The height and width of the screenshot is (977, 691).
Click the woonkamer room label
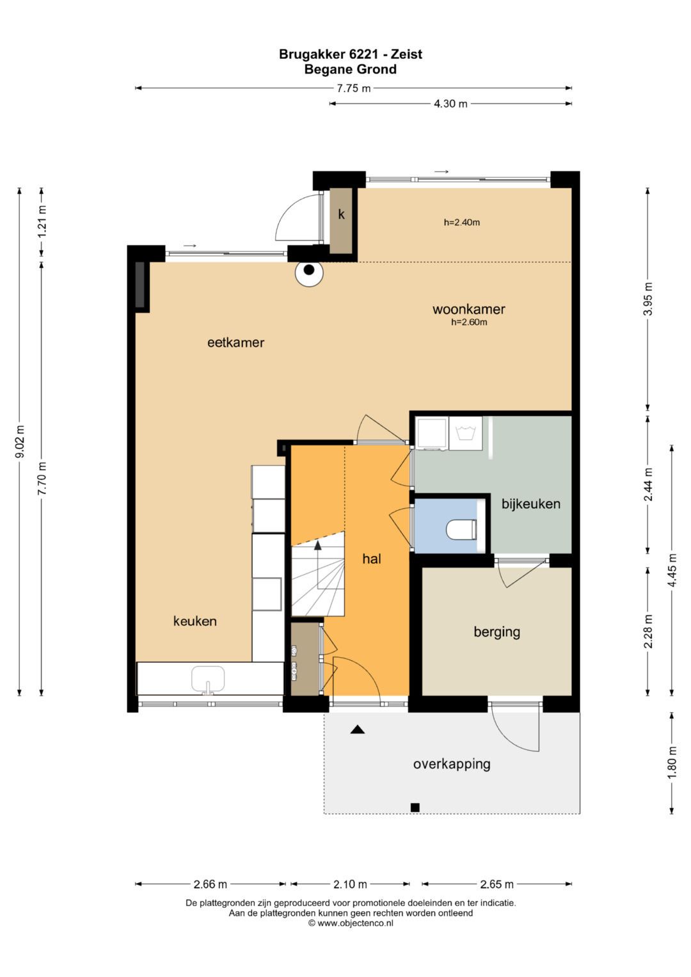coord(468,309)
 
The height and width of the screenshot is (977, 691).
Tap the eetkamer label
coord(235,342)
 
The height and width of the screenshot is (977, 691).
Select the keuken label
coord(195,621)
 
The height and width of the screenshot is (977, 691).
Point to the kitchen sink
coord(208,679)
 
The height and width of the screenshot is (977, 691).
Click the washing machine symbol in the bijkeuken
coord(466,433)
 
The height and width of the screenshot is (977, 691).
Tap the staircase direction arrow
coord(318,544)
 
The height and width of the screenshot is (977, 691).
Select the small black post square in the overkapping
coord(415,807)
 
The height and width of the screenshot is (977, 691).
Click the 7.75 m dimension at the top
coord(353,88)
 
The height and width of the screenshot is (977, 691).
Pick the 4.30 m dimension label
coord(450,104)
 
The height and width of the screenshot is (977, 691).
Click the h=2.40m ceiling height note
coord(462,223)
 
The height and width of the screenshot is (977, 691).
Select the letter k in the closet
coord(342,214)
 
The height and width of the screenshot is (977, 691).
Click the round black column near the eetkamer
coord(309,269)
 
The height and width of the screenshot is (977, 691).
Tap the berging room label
coord(497,632)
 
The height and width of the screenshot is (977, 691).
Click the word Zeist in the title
coord(406,54)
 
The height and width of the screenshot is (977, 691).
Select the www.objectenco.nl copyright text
coord(351,923)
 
